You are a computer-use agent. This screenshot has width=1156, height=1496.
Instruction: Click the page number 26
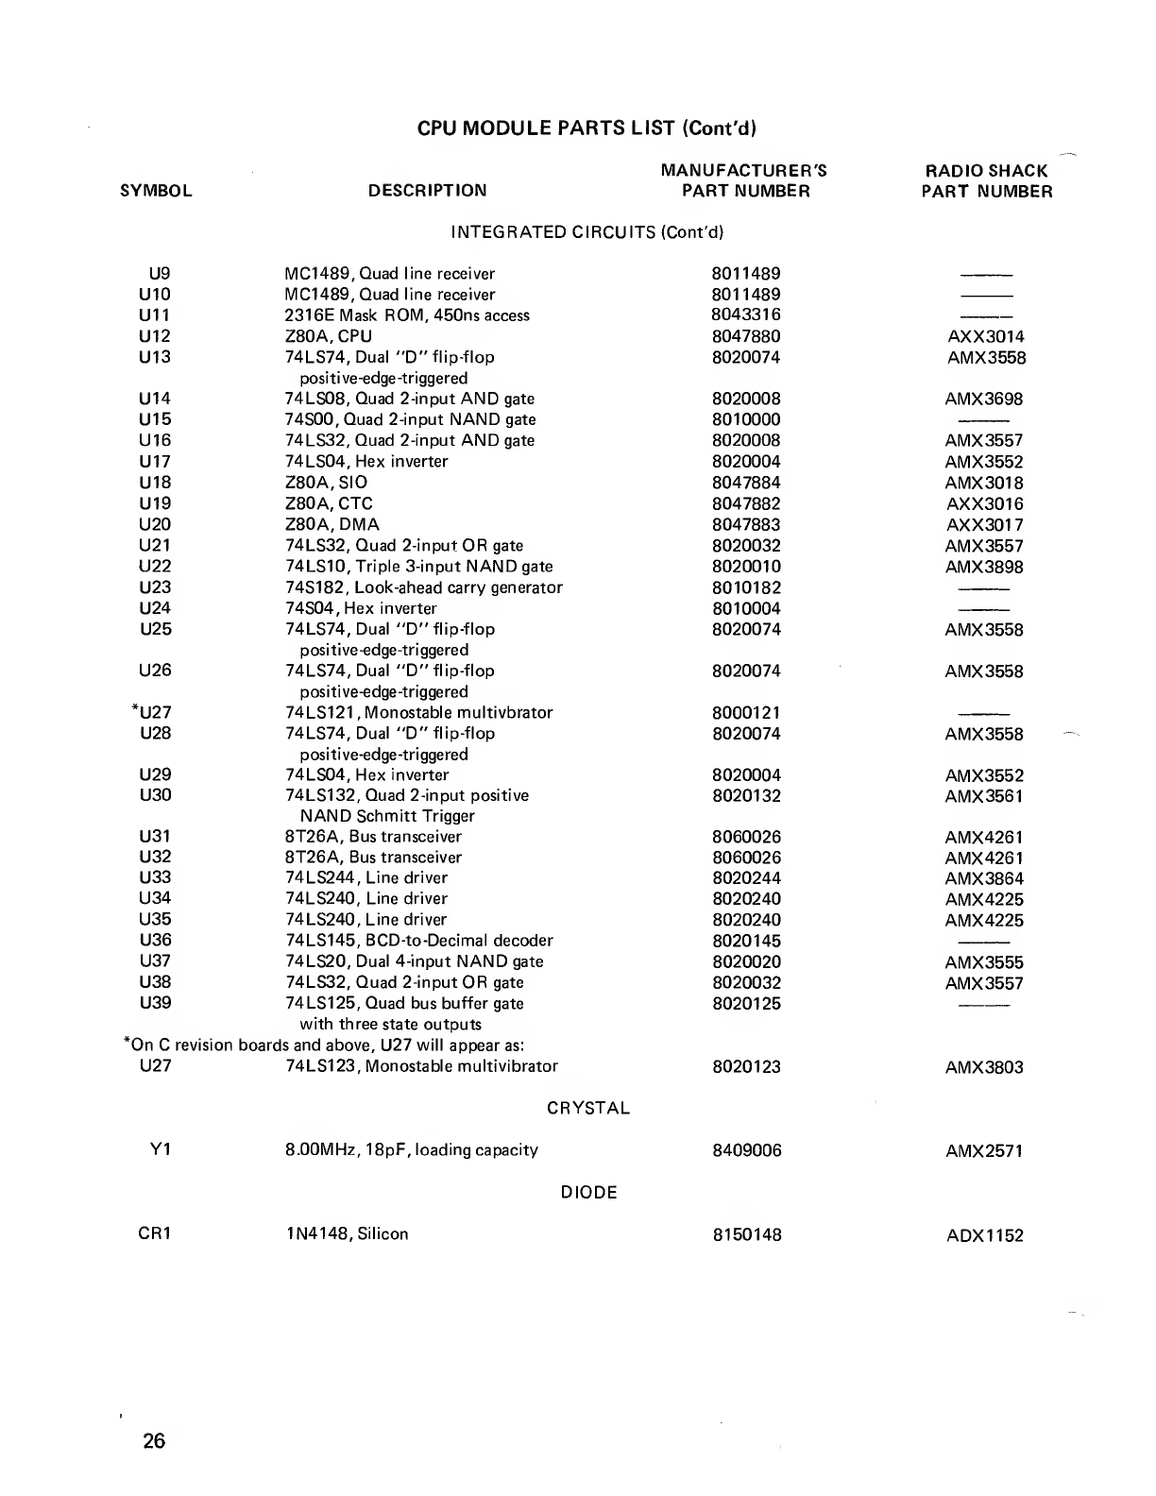tap(154, 1440)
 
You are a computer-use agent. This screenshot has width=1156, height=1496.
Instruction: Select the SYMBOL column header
tap(157, 191)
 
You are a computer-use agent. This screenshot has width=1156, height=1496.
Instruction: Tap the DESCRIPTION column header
tap(428, 191)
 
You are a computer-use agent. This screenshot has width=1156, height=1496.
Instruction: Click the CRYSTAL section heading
tap(588, 1108)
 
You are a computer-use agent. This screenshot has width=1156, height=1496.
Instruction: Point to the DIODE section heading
tap(589, 1192)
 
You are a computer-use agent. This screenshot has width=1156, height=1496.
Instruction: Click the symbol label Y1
tap(161, 1149)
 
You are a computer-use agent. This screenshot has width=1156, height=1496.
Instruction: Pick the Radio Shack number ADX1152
tap(984, 1235)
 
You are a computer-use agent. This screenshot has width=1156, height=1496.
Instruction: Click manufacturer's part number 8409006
tap(746, 1150)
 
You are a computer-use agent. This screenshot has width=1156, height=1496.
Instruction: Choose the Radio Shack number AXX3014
tap(985, 337)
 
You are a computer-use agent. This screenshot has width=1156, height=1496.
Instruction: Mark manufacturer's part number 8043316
tap(746, 314)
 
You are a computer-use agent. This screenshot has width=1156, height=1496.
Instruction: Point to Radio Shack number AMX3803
tap(984, 1067)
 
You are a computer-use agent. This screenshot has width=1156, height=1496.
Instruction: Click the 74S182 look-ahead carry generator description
tap(424, 587)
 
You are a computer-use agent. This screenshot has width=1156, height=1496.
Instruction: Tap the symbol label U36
tap(155, 940)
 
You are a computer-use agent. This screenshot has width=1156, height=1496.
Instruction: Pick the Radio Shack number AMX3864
tap(984, 878)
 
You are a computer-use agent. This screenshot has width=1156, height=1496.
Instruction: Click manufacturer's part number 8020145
tap(746, 941)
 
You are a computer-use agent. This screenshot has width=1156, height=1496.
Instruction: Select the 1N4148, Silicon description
tap(347, 1233)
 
